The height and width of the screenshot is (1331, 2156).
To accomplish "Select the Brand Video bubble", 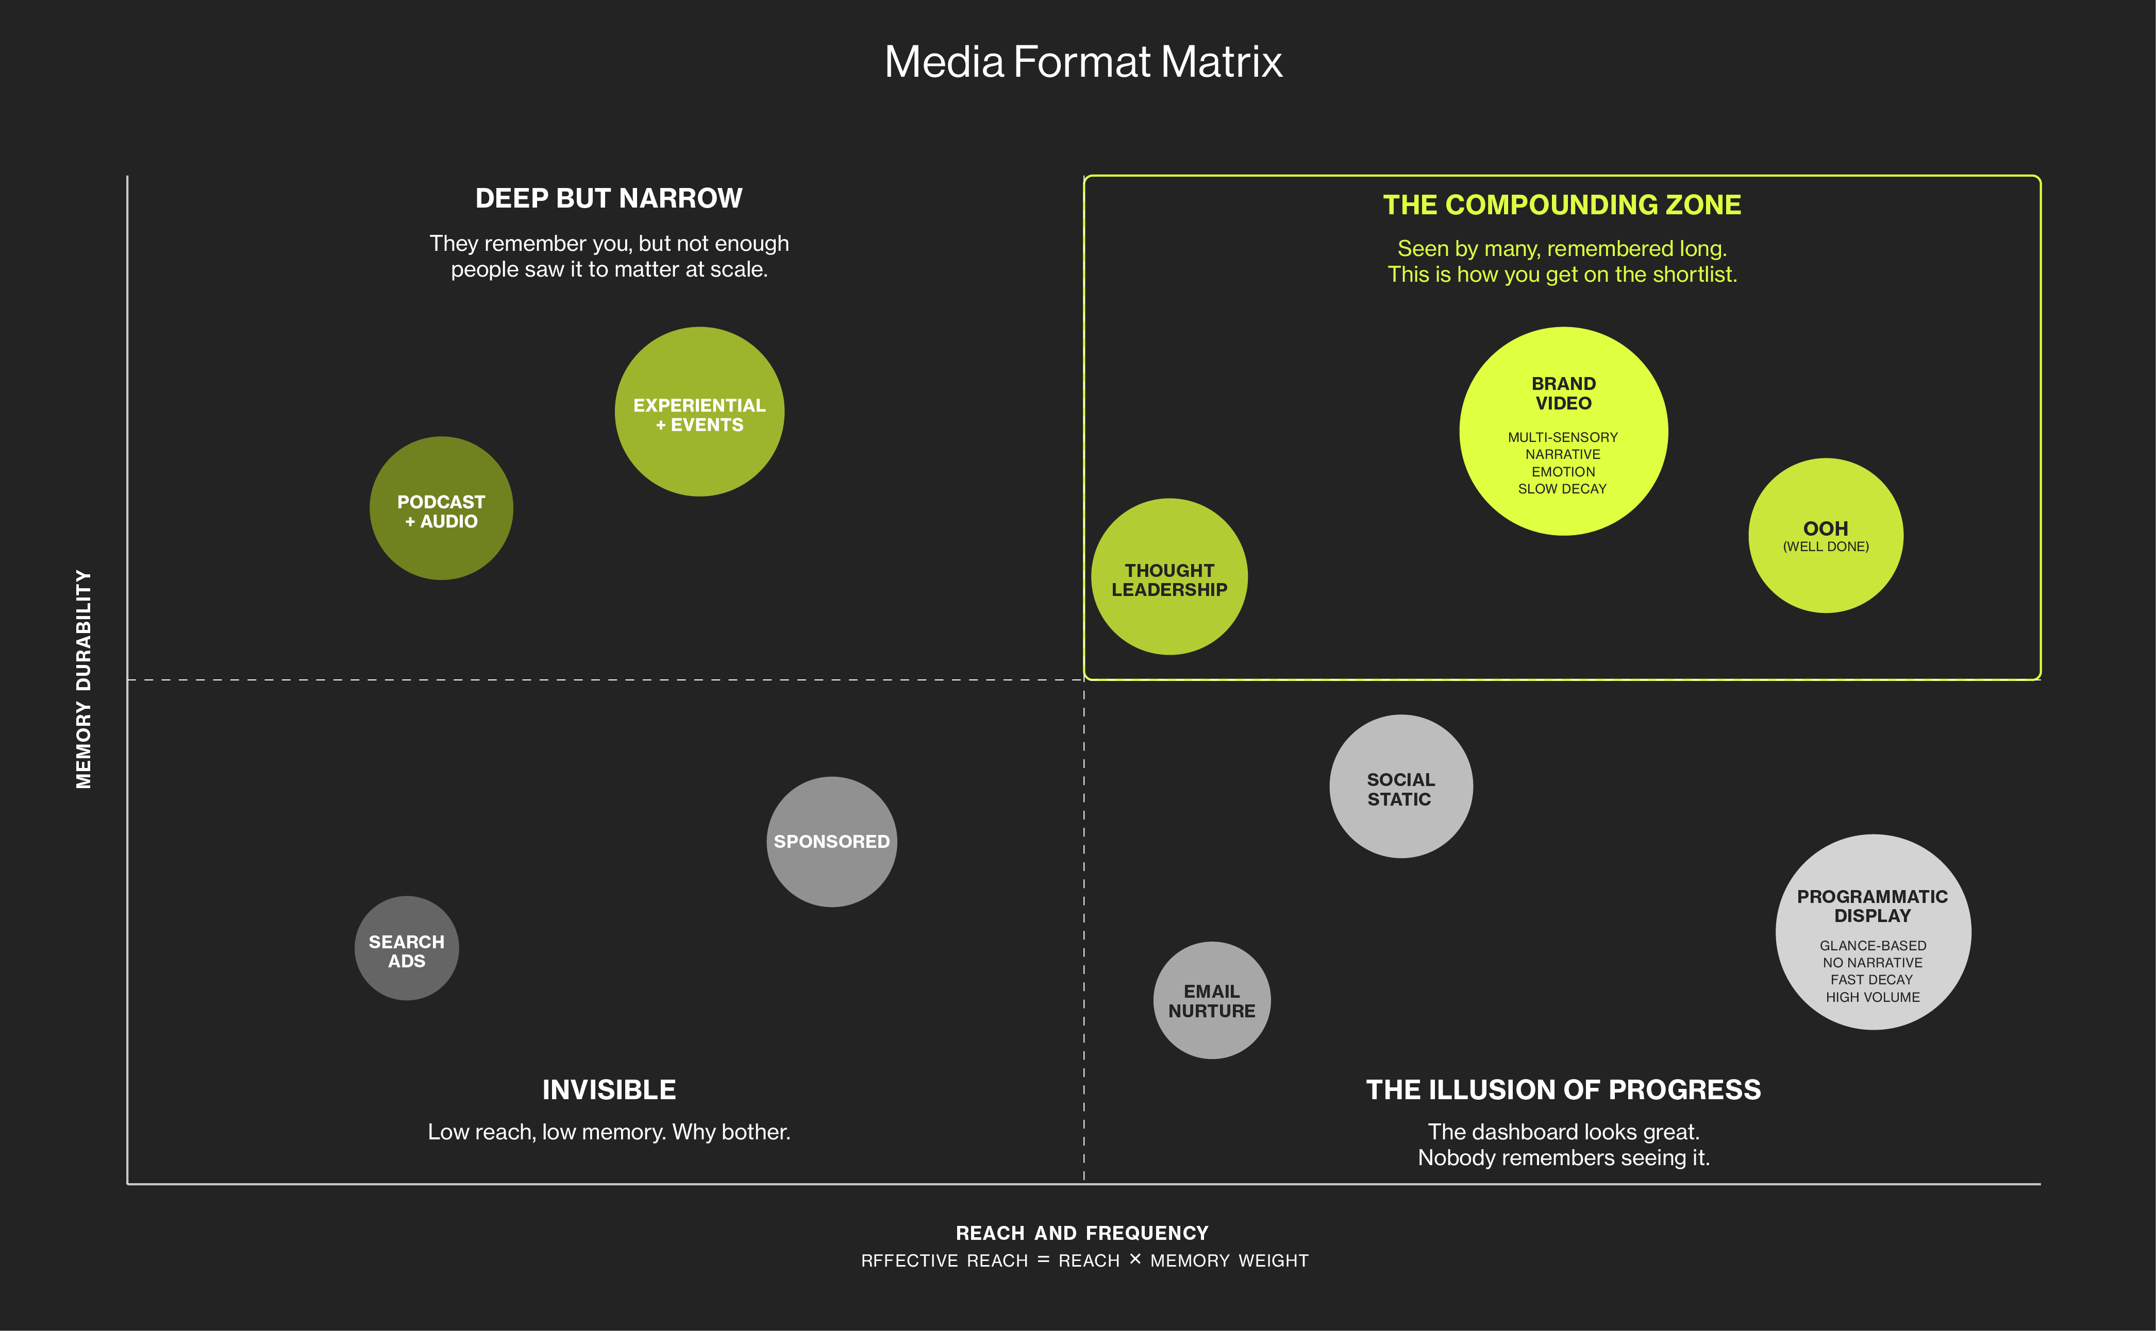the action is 1563,431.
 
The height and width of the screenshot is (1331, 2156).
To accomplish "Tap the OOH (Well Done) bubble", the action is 1826,535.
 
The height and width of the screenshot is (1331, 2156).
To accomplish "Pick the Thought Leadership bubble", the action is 1169,576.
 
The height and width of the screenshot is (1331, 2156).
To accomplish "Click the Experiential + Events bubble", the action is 699,412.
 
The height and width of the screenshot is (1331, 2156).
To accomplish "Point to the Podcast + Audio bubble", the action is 441,508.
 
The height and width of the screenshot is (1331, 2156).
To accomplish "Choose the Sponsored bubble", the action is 831,842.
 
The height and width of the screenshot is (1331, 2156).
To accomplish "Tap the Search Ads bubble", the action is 407,948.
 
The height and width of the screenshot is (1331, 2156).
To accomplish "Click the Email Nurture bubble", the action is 1212,1000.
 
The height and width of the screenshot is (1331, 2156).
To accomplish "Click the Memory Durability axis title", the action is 83,679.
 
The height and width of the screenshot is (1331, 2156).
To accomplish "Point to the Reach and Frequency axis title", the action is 1082,1233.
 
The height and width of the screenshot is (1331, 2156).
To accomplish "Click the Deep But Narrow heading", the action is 609,198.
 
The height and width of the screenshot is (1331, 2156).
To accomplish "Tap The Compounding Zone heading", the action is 1562,205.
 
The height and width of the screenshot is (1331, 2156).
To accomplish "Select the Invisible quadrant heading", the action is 609,1090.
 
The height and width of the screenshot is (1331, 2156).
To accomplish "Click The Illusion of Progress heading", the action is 1563,1090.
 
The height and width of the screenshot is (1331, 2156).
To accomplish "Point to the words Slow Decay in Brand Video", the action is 1562,488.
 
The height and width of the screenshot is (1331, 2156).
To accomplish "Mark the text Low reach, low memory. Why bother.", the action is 609,1132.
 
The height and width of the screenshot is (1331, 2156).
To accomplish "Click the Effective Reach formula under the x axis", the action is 1084,1260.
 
